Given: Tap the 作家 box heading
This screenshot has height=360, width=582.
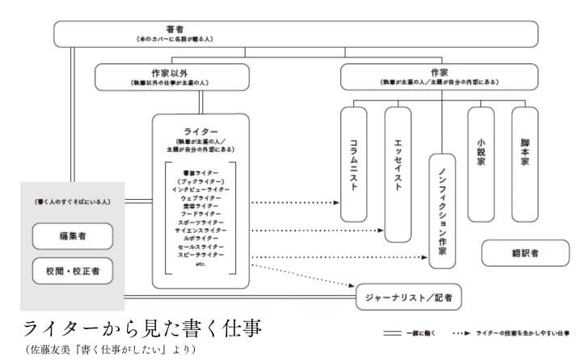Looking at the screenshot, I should [x=439, y=77].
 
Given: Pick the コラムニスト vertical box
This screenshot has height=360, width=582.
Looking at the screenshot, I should [x=352, y=163].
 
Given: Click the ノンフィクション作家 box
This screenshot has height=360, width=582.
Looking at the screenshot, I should [x=441, y=210].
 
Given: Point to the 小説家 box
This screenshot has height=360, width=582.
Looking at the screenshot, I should [x=481, y=163].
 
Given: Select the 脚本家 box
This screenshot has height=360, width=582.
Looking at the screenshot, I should [x=525, y=163].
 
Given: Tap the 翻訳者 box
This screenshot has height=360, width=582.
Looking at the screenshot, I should [x=525, y=253].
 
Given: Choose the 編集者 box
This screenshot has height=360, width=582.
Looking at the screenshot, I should [x=72, y=236].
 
